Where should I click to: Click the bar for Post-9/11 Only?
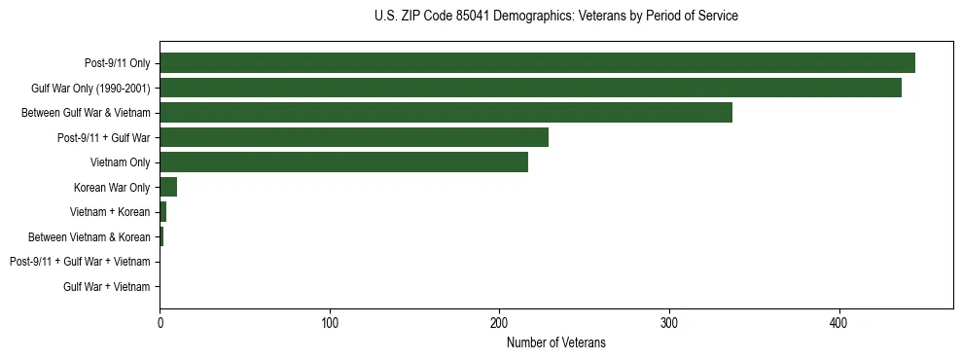537,63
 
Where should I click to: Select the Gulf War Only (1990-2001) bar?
530,88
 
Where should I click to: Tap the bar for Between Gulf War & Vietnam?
445,113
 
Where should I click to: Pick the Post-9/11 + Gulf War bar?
354,137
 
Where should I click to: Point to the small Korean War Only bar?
168,187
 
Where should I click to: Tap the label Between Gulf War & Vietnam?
86,113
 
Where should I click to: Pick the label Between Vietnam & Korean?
89,236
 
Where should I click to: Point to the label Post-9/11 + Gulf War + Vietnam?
80,262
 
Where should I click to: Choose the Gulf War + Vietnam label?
107,286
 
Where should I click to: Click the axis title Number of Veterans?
555,342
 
